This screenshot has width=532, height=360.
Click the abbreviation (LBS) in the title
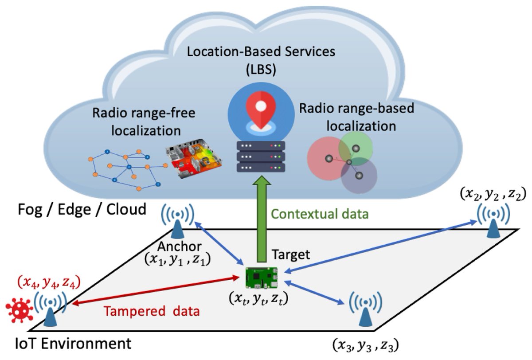point(261,68)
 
